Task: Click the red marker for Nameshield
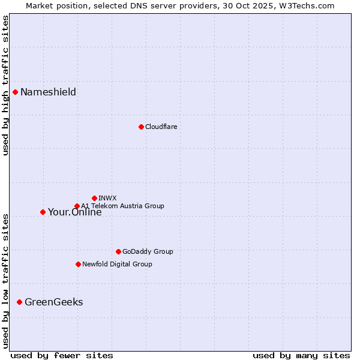click(x=15, y=92)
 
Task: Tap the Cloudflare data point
click(x=141, y=127)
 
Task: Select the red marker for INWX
click(x=94, y=198)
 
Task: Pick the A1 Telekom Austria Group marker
click(x=77, y=206)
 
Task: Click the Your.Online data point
click(x=43, y=212)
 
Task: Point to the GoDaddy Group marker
click(x=118, y=251)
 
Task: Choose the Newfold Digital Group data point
click(x=78, y=264)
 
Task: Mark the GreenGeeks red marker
click(x=19, y=302)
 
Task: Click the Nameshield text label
click(x=48, y=92)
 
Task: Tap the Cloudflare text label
click(x=161, y=127)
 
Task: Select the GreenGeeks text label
click(x=53, y=302)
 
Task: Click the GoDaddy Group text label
click(x=148, y=251)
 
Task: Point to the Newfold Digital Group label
click(x=117, y=264)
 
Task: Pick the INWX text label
click(x=107, y=198)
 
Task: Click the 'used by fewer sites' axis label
click(x=62, y=355)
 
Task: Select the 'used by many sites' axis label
click(x=301, y=355)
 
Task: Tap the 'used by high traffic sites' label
click(x=5, y=85)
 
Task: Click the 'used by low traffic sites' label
click(x=5, y=280)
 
